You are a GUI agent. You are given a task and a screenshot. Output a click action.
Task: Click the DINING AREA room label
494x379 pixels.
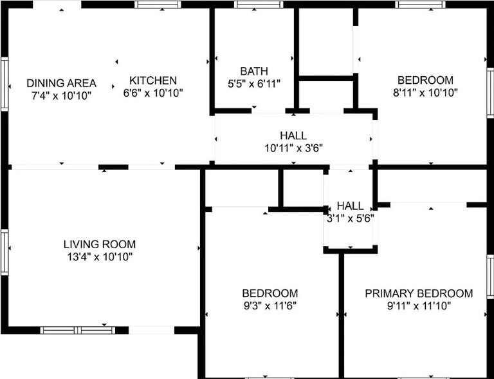[61, 83]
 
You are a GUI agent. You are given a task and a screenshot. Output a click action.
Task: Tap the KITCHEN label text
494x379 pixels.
[153, 81]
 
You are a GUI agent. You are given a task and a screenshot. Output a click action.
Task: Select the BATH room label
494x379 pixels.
[254, 71]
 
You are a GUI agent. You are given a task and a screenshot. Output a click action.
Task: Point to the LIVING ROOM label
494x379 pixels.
[100, 244]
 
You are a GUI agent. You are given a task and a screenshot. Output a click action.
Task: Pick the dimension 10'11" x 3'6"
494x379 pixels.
[293, 148]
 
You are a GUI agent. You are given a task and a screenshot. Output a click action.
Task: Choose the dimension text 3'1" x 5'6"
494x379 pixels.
[350, 217]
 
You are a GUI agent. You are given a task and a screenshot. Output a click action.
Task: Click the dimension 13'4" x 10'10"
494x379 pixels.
[100, 257]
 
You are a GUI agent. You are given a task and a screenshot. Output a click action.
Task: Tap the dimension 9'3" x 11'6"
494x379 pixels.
[270, 305]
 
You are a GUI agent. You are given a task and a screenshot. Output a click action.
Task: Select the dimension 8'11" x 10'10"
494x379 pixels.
[425, 92]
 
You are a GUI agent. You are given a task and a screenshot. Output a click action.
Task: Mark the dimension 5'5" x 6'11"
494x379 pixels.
[254, 83]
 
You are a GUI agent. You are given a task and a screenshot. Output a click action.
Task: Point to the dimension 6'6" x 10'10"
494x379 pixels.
[153, 93]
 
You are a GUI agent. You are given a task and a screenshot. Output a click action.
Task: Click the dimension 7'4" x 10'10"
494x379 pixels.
[61, 95]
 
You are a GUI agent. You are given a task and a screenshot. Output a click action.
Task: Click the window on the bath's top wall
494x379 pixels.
[259, 5]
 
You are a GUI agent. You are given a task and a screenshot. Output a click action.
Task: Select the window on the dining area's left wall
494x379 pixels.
[4, 84]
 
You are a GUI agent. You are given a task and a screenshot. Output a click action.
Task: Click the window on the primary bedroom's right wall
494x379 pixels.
[490, 277]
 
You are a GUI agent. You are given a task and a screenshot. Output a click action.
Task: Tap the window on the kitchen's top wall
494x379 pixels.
[158, 5]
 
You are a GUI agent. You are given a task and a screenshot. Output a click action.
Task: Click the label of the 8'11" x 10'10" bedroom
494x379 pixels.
[425, 80]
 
